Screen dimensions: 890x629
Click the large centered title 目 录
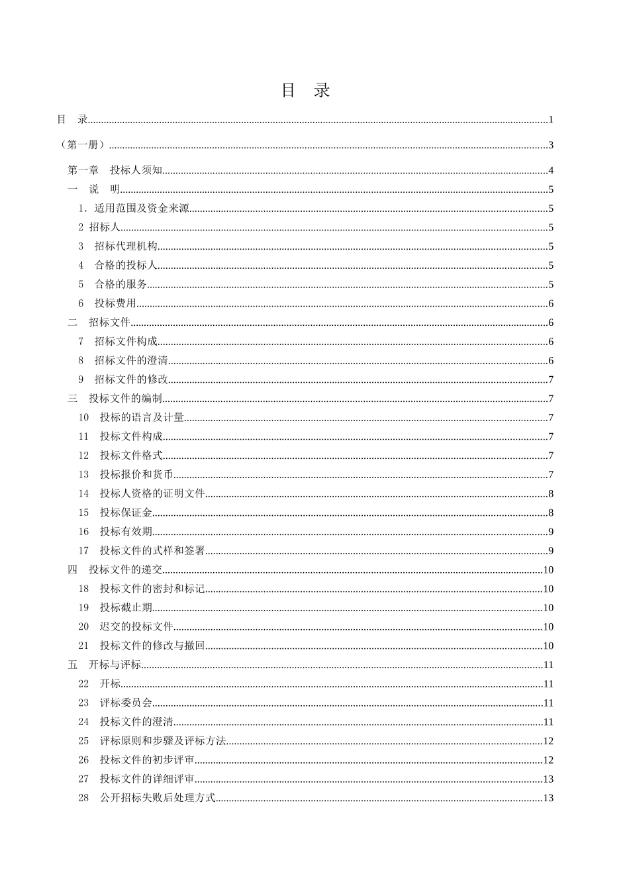tap(305, 91)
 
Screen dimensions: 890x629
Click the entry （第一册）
tap(83, 145)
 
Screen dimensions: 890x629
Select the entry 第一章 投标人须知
tap(115, 171)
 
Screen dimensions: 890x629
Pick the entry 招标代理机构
tap(126, 247)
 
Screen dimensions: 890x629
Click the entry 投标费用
tap(115, 304)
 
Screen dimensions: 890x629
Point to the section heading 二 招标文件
tap(99, 322)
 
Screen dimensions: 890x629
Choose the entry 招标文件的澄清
tap(131, 361)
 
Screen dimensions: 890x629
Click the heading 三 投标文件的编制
tap(115, 399)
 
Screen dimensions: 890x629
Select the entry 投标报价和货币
tap(136, 475)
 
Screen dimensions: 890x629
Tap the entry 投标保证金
tap(126, 513)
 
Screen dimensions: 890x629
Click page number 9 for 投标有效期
tap(551, 532)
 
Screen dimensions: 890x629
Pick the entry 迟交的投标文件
tap(136, 627)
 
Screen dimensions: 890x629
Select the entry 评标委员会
tap(126, 703)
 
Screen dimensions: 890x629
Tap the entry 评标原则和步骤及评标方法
tap(163, 741)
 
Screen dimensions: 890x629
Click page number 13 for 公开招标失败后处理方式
tap(548, 798)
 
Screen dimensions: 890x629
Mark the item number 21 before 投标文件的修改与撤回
tap(83, 646)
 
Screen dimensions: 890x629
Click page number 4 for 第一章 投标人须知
tap(551, 171)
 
